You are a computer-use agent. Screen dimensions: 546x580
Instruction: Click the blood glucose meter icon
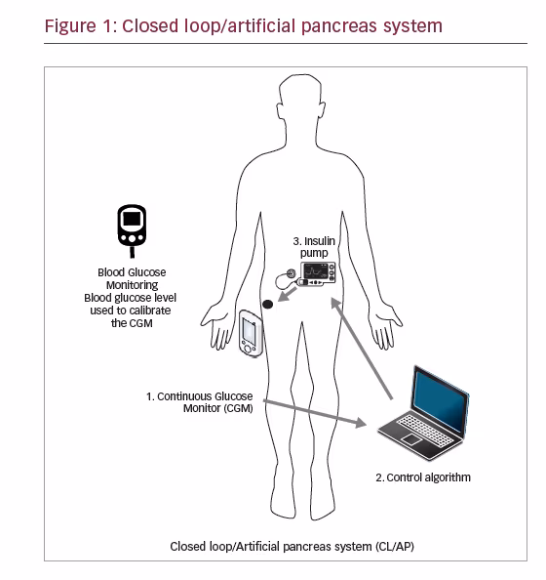pos(132,230)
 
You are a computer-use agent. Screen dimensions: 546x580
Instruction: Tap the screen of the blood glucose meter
pos(132,219)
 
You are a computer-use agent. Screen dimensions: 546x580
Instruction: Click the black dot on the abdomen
pos(267,304)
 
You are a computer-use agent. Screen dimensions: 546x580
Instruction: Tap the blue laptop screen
pos(440,399)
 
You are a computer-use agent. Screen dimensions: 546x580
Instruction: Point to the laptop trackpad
pos(411,439)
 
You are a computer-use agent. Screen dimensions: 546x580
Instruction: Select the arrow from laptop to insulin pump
pos(362,349)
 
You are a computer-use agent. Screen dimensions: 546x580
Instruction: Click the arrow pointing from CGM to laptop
pos(315,413)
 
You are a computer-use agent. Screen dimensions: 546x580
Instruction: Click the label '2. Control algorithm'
pos(423,477)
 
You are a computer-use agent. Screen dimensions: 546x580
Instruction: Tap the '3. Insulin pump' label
pos(314,247)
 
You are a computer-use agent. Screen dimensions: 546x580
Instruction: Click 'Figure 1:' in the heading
pos(81,26)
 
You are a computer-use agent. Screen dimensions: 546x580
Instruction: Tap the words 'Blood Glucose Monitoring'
pos(132,278)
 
